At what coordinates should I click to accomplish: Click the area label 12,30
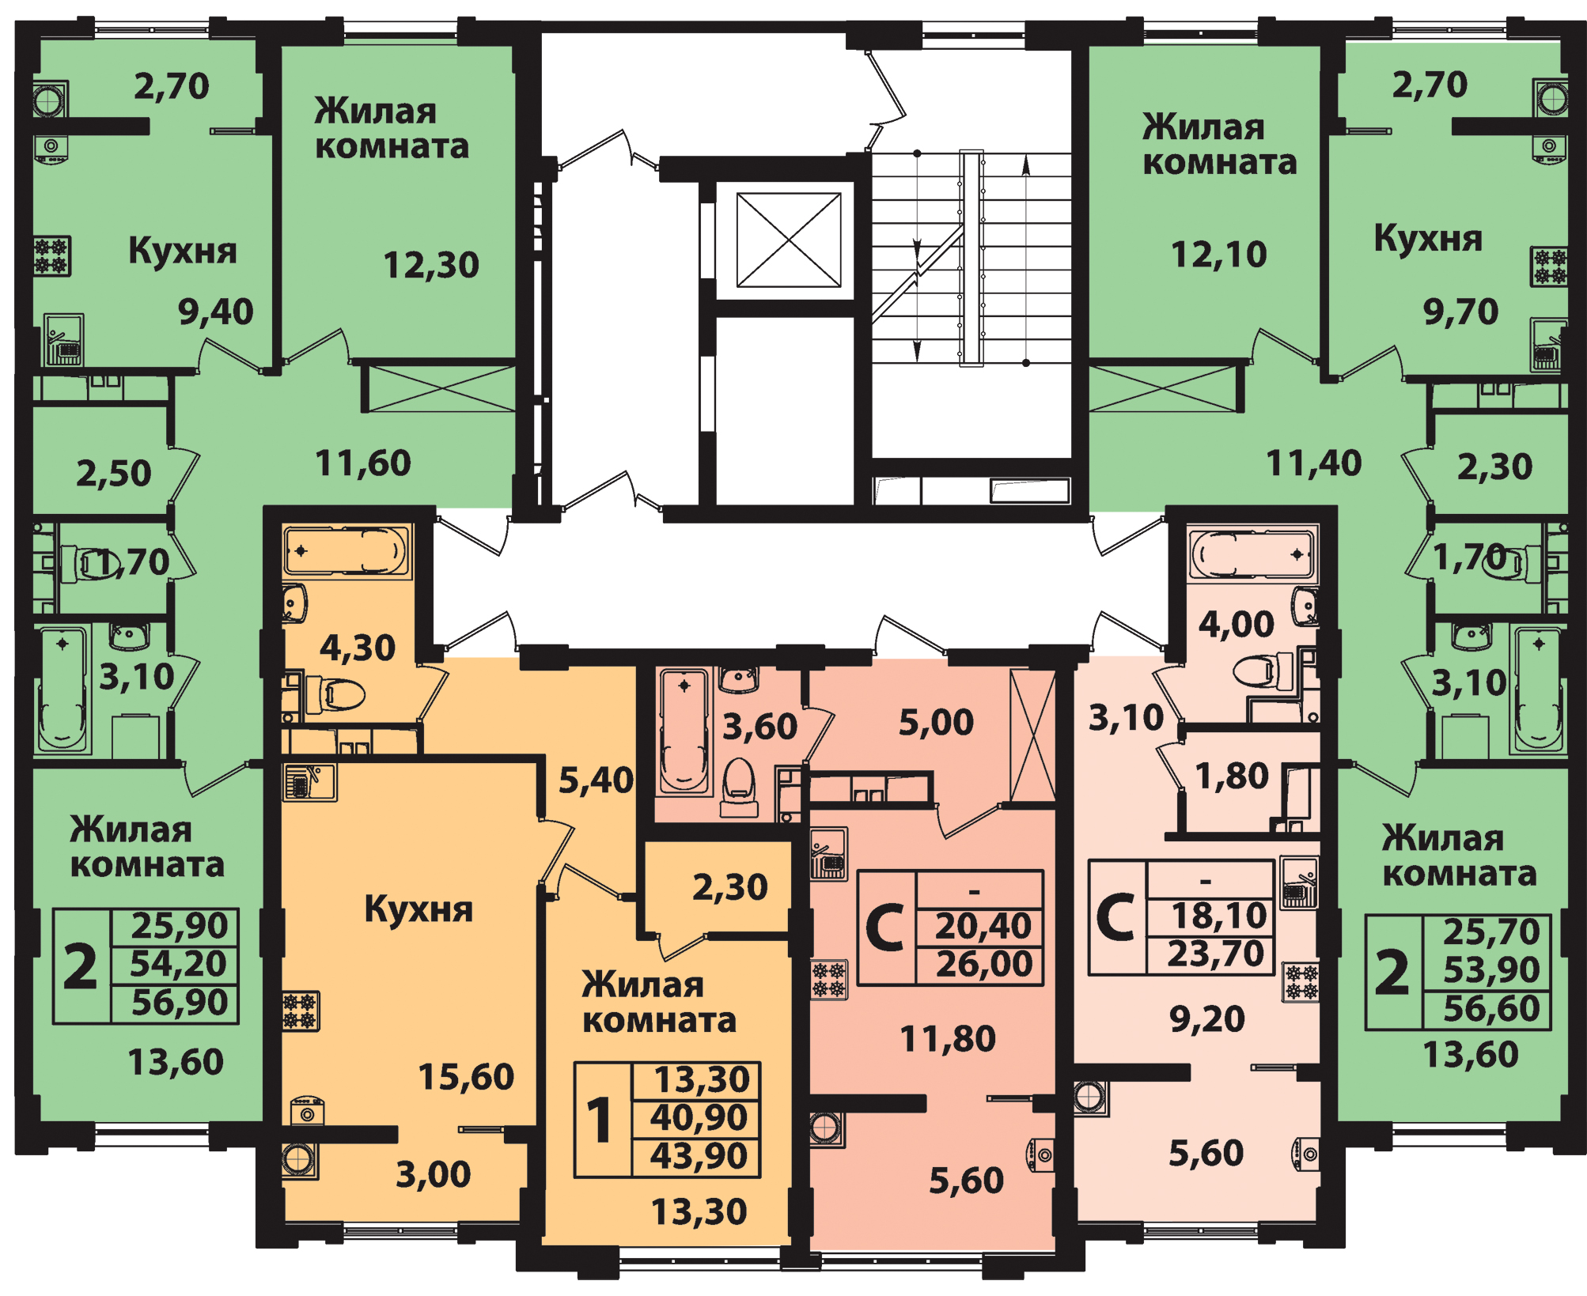tap(431, 266)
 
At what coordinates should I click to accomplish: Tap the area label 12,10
tap(1218, 255)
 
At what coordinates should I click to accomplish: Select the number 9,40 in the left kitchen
tap(215, 312)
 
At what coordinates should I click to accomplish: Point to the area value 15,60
tap(466, 1077)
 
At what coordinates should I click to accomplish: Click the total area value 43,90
tap(699, 1156)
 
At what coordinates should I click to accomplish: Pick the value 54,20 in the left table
tap(179, 964)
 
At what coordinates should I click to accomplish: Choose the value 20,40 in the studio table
tap(983, 926)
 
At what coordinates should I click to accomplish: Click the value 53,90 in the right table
tap(1491, 970)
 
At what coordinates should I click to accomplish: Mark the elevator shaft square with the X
tap(789, 240)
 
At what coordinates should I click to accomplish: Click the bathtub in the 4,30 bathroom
tap(347, 551)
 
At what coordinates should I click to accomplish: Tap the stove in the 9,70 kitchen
tap(1548, 266)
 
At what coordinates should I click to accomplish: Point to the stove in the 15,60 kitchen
tap(301, 1011)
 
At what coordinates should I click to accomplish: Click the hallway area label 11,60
tap(363, 463)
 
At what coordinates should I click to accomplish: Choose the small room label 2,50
tap(113, 474)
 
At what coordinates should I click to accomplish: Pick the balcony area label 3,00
tap(433, 1175)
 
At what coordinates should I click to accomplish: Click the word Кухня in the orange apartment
tap(419, 910)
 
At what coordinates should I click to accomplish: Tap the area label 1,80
tap(1231, 776)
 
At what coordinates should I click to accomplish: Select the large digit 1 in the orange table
tap(599, 1120)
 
